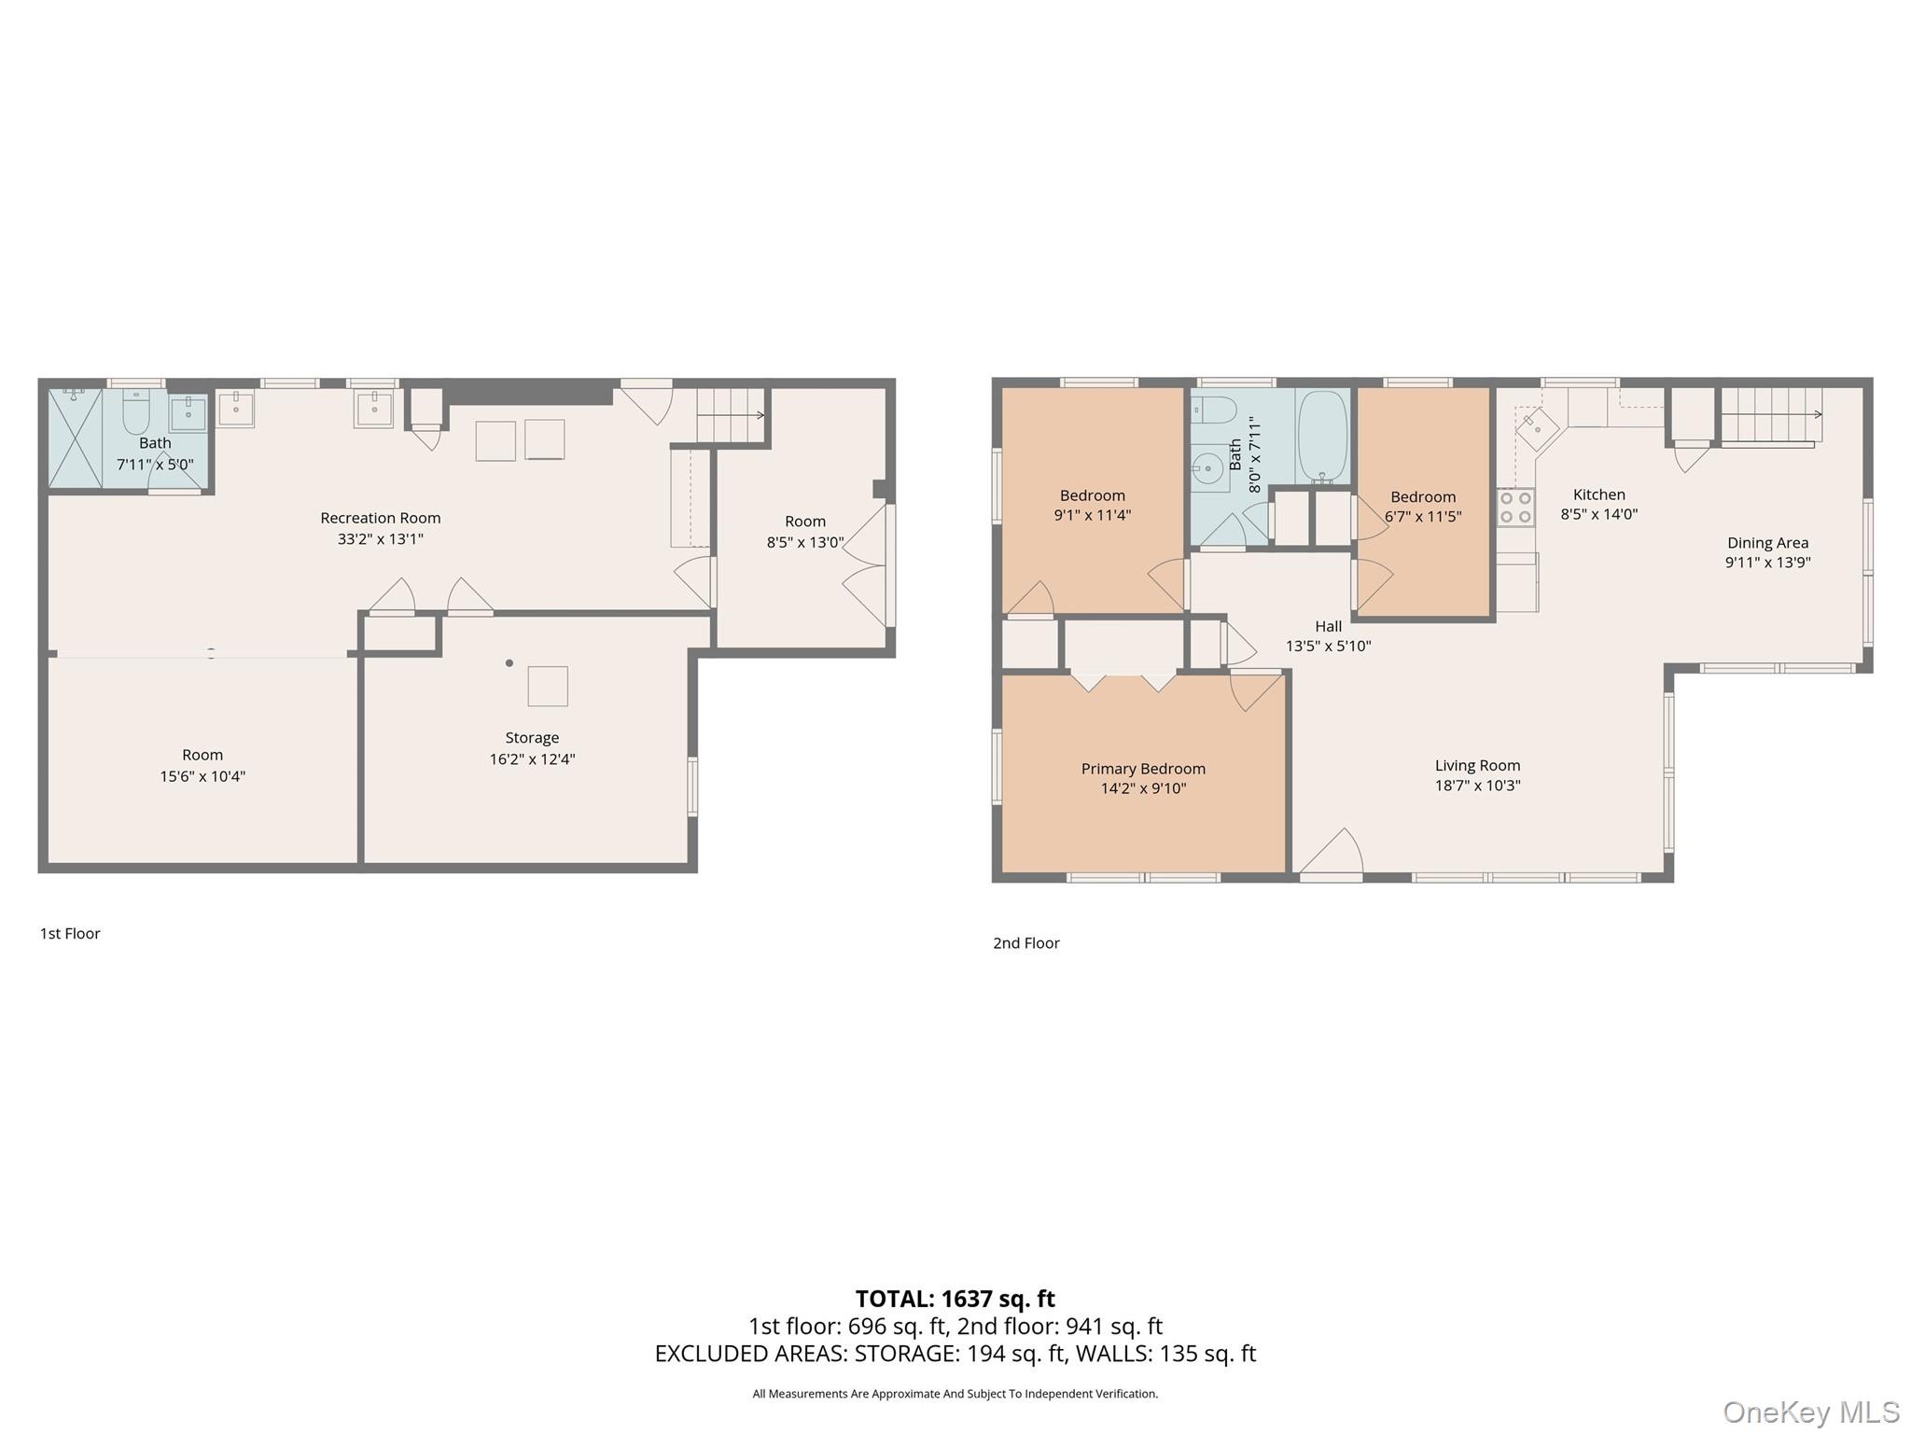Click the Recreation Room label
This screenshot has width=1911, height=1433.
click(380, 518)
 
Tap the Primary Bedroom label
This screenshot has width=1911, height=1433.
click(1143, 769)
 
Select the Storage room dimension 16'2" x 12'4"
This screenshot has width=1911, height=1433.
click(532, 758)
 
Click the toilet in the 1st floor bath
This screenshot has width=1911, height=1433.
click(135, 411)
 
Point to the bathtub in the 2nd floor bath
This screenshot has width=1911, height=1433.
click(1322, 436)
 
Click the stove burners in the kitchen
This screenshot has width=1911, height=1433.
click(1515, 508)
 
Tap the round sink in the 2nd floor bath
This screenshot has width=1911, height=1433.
click(1209, 467)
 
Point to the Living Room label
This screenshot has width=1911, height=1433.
click(1477, 766)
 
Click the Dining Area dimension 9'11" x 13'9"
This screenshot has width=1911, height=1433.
click(1767, 562)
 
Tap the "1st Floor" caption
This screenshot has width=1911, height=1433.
click(70, 933)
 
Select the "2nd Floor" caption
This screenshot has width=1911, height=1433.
click(1026, 943)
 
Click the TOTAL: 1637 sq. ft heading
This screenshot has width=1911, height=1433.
click(955, 1299)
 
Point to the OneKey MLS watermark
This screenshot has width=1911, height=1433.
click(1811, 1412)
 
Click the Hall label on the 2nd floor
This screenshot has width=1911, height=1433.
click(1328, 626)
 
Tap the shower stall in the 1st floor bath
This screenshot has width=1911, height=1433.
click(76, 438)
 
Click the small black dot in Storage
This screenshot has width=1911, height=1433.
click(509, 663)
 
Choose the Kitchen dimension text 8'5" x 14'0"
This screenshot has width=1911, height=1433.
click(1598, 513)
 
